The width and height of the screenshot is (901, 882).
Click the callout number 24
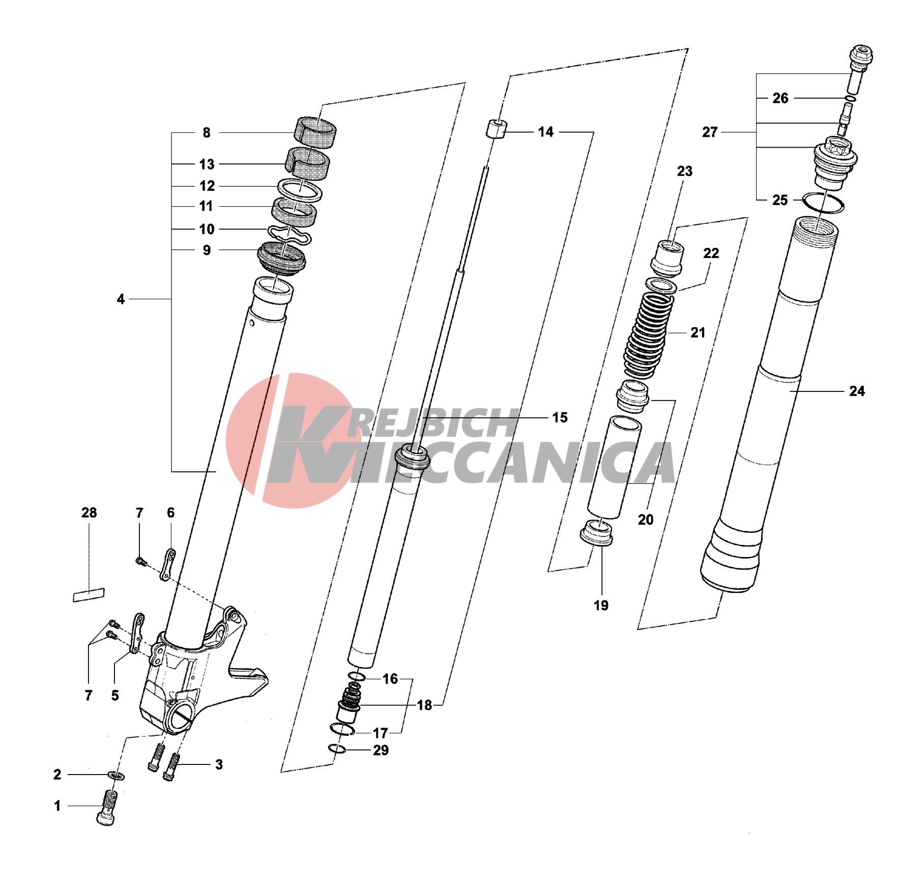(x=857, y=391)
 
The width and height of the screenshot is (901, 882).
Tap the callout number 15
(x=560, y=417)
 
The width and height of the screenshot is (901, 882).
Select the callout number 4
(x=121, y=299)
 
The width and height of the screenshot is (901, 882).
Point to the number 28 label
(x=89, y=513)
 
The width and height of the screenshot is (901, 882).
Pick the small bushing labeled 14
(x=496, y=129)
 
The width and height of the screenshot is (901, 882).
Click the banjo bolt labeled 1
(x=107, y=808)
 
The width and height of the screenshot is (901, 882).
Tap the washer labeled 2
(x=117, y=776)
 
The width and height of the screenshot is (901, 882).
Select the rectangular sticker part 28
(x=89, y=594)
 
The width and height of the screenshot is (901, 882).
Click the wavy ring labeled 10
(x=289, y=234)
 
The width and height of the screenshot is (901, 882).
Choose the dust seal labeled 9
(x=281, y=258)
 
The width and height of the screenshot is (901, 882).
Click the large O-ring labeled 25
(x=823, y=203)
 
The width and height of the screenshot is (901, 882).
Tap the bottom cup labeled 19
(x=597, y=533)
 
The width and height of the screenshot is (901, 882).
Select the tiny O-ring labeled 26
(x=850, y=98)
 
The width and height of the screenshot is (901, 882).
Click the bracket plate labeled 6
(x=168, y=564)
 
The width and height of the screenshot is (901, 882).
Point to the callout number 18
(x=424, y=705)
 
